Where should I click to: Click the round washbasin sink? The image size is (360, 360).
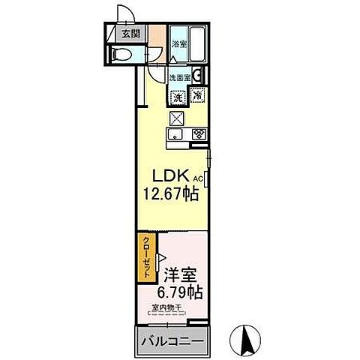pos(196,74)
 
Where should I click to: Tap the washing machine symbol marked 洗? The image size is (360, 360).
pos(178,96)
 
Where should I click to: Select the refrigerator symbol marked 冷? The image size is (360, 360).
pos(197,95)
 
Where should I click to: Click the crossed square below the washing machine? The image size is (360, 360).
pos(177,117)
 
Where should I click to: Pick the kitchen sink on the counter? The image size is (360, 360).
pos(175,134)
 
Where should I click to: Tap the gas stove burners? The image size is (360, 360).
pos(199,134)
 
